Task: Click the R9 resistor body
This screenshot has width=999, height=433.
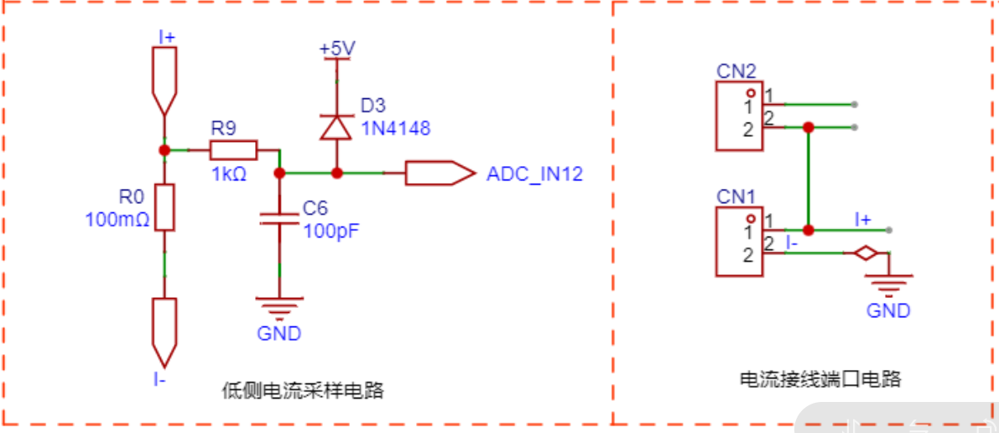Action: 233,150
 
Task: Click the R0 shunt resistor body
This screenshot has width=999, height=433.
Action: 165,207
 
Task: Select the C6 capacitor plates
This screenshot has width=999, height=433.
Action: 279,219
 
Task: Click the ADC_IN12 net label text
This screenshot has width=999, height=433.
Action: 534,174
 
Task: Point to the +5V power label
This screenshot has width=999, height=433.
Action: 338,48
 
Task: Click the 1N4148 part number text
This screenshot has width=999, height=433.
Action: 396,128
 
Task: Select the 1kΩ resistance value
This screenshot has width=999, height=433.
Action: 229,174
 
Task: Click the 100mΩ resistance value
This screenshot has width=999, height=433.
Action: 117,220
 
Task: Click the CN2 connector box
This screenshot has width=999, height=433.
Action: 739,116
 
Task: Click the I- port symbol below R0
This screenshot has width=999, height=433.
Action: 165,331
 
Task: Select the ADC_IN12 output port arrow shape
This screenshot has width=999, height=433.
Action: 440,174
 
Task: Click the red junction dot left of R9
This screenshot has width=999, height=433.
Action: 164,150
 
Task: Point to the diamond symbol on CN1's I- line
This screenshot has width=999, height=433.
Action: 865,253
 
